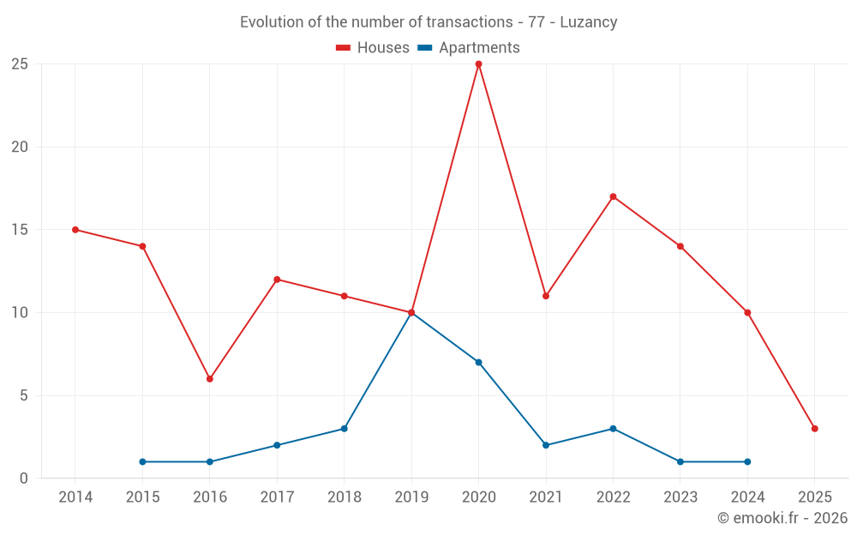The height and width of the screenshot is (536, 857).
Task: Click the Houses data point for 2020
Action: point(478,64)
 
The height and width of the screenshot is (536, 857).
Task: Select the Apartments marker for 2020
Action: point(478,362)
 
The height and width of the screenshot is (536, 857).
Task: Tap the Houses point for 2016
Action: point(209,379)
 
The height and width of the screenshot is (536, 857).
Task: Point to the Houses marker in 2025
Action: point(814,429)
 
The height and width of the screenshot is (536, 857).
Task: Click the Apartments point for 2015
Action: point(142,462)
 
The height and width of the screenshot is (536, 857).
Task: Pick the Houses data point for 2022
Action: point(613,196)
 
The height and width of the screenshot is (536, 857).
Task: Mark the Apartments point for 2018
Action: point(344,429)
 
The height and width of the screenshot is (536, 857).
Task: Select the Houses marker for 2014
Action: point(75,230)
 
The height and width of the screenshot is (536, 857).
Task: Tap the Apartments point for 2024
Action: point(747,462)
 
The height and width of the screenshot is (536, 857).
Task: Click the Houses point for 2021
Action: point(546,296)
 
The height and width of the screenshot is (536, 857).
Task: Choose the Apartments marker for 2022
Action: point(613,429)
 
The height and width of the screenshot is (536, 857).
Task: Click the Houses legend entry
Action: point(373,48)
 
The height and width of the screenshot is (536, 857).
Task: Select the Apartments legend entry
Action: point(469,48)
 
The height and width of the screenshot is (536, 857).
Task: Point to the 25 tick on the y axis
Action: point(20,64)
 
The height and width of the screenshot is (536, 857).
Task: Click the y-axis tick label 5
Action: point(24,395)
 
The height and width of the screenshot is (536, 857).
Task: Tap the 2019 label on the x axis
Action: point(411,497)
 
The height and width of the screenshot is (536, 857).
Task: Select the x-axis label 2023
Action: point(680,497)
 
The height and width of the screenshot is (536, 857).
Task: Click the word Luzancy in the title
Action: point(588,22)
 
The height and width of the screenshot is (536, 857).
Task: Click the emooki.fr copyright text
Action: point(782,518)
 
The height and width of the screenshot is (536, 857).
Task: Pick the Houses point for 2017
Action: point(277,280)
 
